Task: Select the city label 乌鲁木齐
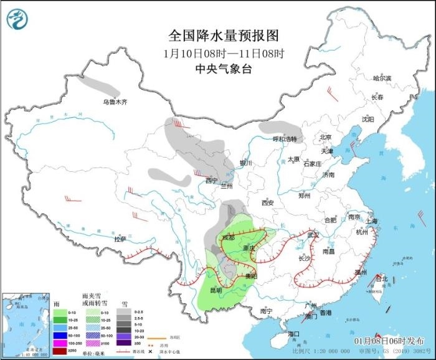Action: tap(115, 102)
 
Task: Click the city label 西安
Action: tap(268, 202)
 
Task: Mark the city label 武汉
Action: tap(313, 235)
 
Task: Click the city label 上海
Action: tap(372, 220)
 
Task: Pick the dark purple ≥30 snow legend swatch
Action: tap(124, 343)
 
